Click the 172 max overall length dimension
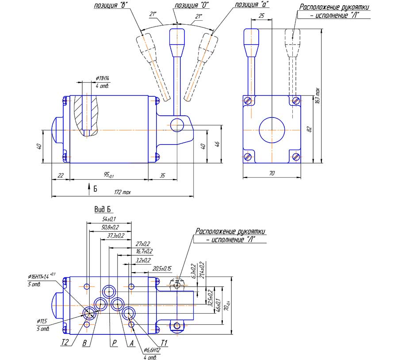click(x=122, y=193)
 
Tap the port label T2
click(x=65, y=342)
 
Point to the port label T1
click(x=164, y=342)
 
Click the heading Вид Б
click(x=102, y=209)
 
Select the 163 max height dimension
click(x=318, y=95)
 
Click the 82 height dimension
click(x=310, y=129)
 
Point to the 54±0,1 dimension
click(x=109, y=219)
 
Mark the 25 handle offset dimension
click(x=261, y=16)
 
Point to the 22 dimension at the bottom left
click(x=61, y=175)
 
